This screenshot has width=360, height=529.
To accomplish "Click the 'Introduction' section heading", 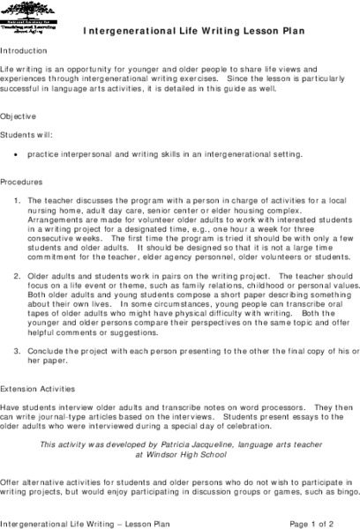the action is (25, 51).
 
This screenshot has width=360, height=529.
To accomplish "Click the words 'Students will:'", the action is (26, 136).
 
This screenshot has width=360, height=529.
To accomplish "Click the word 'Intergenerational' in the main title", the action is (127, 30).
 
